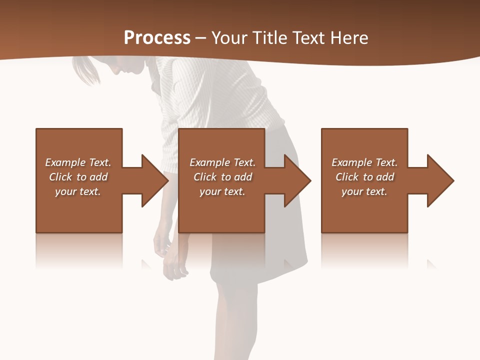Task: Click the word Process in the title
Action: coord(157,38)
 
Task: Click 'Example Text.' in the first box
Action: coord(78,162)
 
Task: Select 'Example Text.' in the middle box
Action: coord(222,162)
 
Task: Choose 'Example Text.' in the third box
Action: coord(364,162)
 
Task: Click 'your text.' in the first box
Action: coord(78,191)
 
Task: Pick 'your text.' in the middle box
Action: coord(222,191)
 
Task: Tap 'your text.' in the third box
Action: coord(364,191)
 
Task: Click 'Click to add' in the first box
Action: coord(78,177)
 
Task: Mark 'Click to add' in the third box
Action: coord(364,177)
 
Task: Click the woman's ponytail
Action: coord(85,70)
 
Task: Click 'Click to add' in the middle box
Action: coord(222,177)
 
